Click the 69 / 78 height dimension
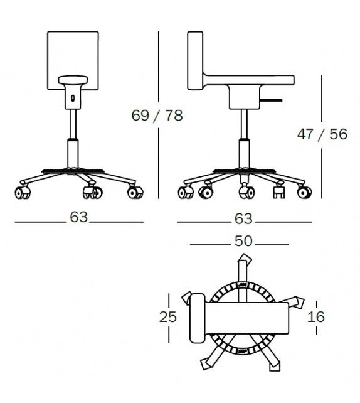click(157, 116)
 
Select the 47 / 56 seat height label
click(322, 135)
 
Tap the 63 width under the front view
click(78, 217)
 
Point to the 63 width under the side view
click(243, 218)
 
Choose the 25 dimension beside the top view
click(168, 317)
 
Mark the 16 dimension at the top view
click(317, 317)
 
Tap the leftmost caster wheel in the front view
click(22, 193)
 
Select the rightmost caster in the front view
click(134, 193)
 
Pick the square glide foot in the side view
click(277, 193)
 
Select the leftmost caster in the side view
click(186, 193)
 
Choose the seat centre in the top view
click(248, 318)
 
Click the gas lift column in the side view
click(242, 141)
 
